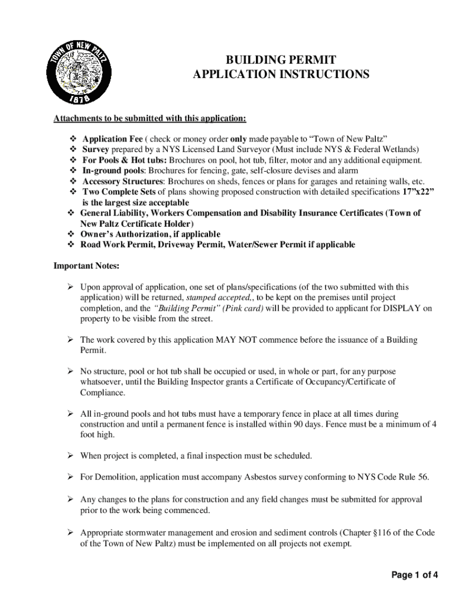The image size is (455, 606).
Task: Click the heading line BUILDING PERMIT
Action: pyautogui.click(x=281, y=60)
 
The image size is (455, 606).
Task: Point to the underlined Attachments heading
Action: pyautogui.click(x=150, y=118)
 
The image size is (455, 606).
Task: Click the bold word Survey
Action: pyautogui.click(x=95, y=149)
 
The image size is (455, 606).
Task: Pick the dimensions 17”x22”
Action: pyautogui.click(x=414, y=192)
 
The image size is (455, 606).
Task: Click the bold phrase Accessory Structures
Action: pyautogui.click(x=122, y=181)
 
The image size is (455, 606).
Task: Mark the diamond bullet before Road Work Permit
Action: pyautogui.click(x=70, y=244)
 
